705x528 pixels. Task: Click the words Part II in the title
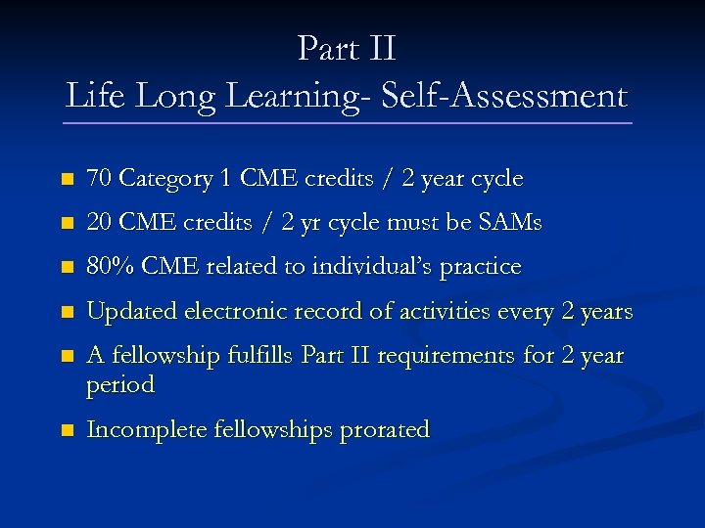[x=347, y=48]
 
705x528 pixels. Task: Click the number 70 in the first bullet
[x=99, y=179]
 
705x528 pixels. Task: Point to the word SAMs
[x=508, y=223]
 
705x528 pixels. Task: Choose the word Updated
[x=125, y=312]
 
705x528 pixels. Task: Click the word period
[x=120, y=385]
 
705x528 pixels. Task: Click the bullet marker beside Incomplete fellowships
[x=66, y=430]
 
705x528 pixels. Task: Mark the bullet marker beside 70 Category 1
[x=66, y=180]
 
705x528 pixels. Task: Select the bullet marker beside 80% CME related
[x=66, y=267]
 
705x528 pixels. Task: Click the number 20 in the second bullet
[x=99, y=223]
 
